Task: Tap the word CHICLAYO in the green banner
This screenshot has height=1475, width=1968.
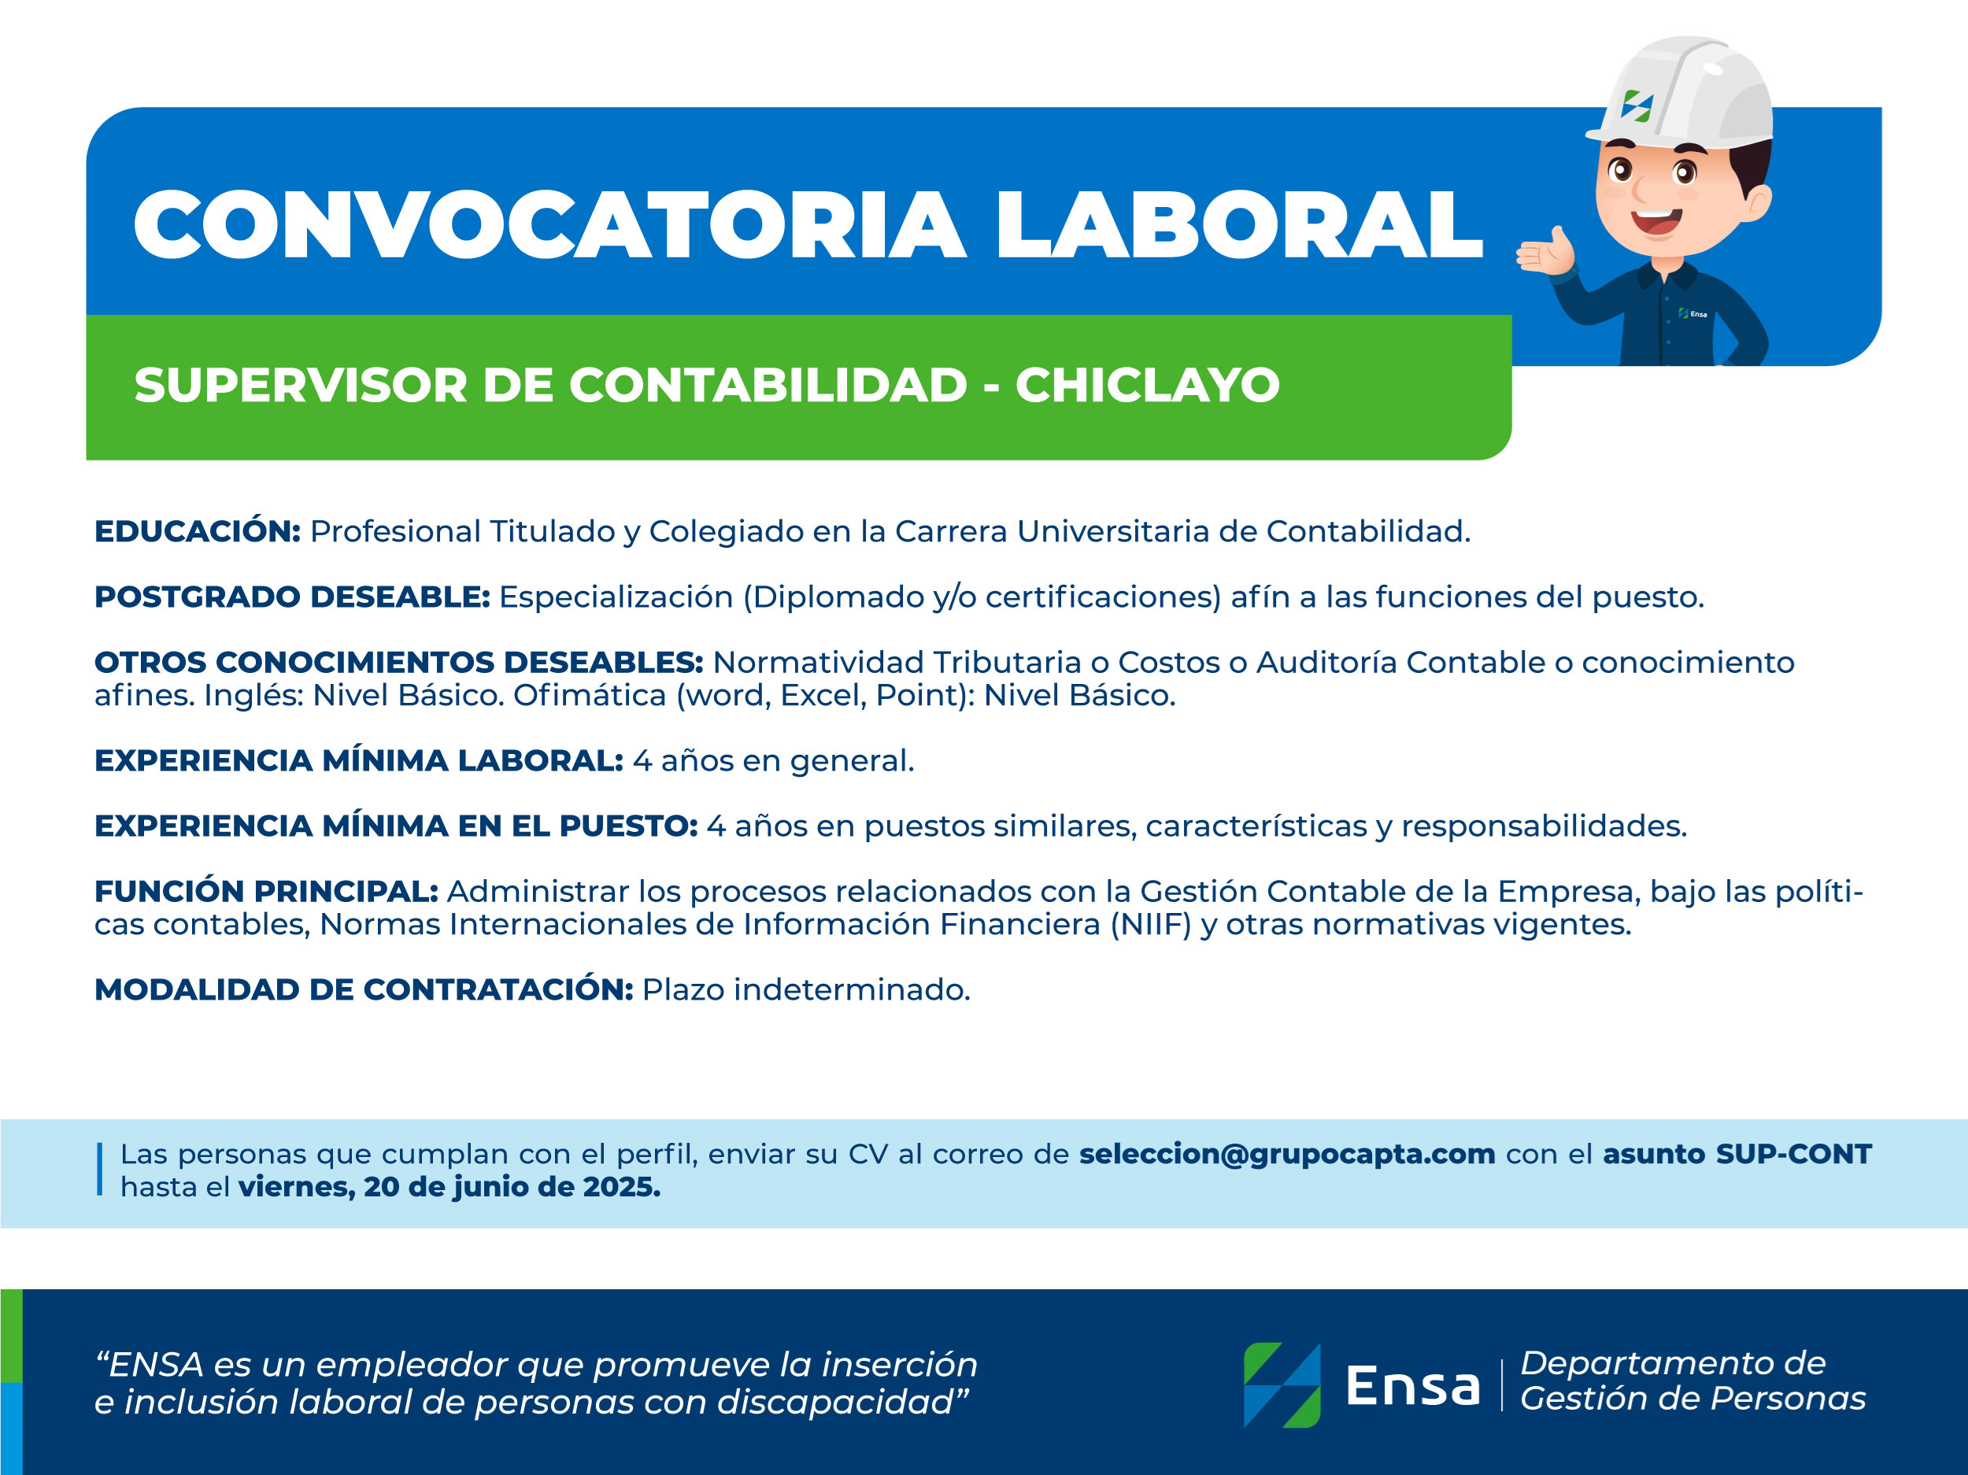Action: [x=1148, y=385]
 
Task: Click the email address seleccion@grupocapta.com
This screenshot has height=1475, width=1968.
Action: [x=1286, y=1154]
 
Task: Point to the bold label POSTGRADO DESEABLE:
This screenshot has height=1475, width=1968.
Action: [x=293, y=596]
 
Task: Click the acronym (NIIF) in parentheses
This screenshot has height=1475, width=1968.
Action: [x=1150, y=924]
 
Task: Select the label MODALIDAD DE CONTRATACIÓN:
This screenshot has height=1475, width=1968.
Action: [x=364, y=989]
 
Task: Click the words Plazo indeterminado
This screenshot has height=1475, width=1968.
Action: [x=806, y=989]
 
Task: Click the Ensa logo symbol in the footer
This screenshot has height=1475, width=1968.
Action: [x=1282, y=1385]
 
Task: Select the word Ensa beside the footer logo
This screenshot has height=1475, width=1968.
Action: [x=1413, y=1386]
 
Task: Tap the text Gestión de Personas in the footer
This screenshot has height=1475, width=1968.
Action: [x=1692, y=1399]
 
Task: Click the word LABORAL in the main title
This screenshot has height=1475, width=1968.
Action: [x=1238, y=224]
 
